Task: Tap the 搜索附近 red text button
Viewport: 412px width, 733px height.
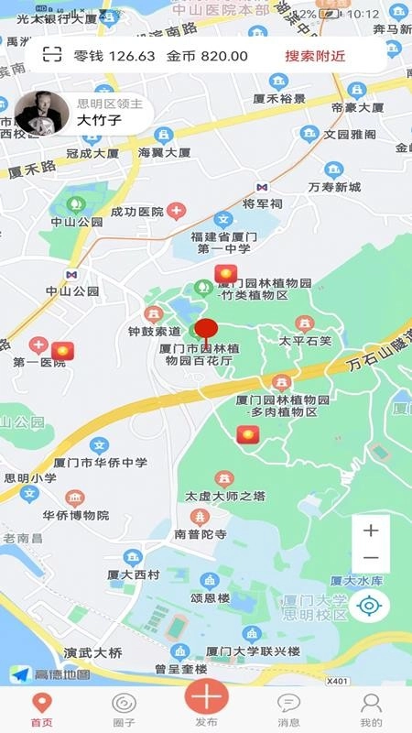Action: click(x=315, y=56)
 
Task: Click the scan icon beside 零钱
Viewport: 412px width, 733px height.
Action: click(x=53, y=55)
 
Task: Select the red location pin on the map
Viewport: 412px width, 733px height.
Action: click(x=205, y=331)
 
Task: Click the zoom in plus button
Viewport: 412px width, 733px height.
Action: click(x=371, y=531)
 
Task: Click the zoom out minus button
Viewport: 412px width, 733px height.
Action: click(x=371, y=558)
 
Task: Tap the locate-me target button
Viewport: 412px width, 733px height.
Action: click(x=370, y=605)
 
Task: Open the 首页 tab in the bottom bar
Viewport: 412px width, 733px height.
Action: click(x=41, y=709)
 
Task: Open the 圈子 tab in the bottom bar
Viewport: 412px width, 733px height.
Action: click(x=124, y=709)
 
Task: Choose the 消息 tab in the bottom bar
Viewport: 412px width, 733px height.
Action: click(x=288, y=709)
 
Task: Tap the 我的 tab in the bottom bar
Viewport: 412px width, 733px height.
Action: click(x=371, y=709)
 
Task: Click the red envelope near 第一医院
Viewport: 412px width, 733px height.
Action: click(x=61, y=350)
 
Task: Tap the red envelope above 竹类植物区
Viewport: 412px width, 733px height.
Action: click(x=225, y=273)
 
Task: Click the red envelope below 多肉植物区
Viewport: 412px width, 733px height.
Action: click(x=247, y=435)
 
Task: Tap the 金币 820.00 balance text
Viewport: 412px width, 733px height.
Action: click(x=207, y=56)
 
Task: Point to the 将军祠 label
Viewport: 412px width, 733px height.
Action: click(x=262, y=203)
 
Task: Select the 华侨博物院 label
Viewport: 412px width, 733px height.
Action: click(x=75, y=515)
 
